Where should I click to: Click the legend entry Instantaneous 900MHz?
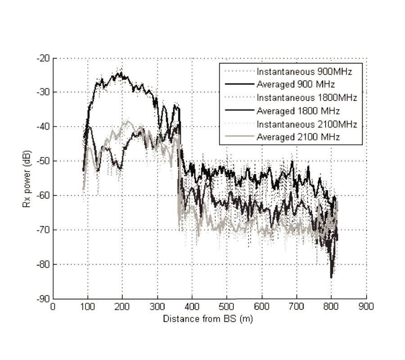[304, 72]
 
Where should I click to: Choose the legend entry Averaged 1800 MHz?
[299, 111]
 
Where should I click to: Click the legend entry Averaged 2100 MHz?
[299, 137]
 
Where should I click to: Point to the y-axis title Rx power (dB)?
[26, 178]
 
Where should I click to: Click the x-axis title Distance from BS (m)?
[209, 319]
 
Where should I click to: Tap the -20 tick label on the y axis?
[45, 58]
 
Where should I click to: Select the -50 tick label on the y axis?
[45, 161]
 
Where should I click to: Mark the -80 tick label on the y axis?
[45, 264]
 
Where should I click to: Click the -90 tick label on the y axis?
[45, 298]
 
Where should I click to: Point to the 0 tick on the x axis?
[54, 306]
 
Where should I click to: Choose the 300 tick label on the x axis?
[157, 306]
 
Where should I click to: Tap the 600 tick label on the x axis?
[262, 306]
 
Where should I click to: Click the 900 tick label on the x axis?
[366, 306]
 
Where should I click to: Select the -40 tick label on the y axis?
[45, 127]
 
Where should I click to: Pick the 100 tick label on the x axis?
[88, 306]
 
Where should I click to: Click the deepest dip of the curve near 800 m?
[332, 276]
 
